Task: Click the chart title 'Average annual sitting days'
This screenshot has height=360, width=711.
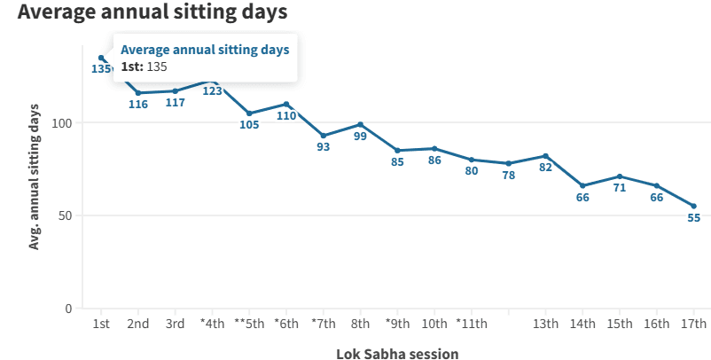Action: (152, 13)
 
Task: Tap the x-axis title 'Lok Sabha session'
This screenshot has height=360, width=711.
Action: (397, 354)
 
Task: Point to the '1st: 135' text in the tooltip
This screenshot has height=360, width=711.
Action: (144, 67)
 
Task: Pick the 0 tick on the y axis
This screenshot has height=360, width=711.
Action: (68, 309)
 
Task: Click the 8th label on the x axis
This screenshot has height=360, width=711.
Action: (360, 324)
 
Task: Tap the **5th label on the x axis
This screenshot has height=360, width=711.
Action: (248, 324)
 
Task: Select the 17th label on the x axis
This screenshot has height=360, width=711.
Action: (694, 324)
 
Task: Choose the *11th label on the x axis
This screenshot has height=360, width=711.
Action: (471, 324)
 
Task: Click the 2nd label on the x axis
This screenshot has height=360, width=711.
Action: (137, 324)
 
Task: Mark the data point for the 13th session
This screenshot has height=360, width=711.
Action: (545, 156)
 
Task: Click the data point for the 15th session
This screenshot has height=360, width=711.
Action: (620, 176)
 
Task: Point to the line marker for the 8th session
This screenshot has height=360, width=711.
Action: (360, 124)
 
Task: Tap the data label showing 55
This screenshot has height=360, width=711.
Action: (694, 218)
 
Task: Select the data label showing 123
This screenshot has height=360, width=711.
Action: (212, 90)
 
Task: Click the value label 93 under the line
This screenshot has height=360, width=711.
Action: (323, 147)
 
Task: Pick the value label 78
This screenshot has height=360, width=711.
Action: (508, 176)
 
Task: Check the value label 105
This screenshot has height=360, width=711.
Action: (249, 125)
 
